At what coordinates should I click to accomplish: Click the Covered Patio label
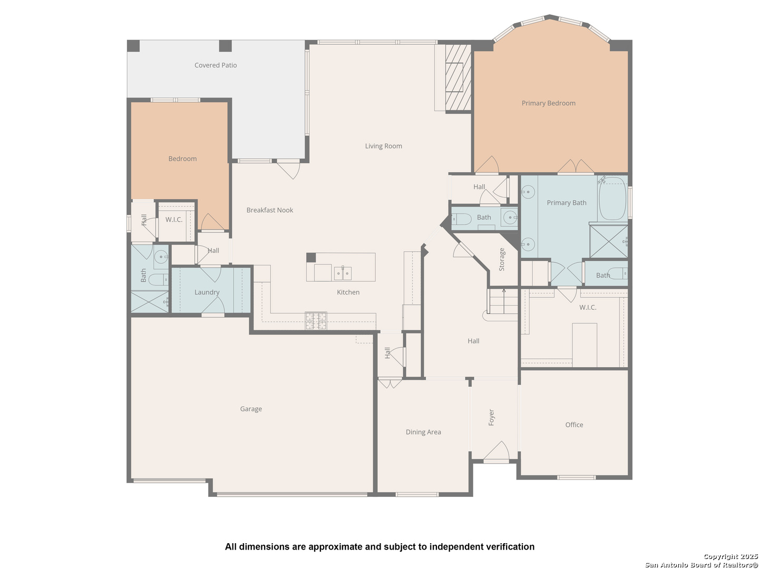(x=216, y=65)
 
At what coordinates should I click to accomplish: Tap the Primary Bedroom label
(x=548, y=103)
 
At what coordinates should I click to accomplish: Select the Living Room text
(x=384, y=146)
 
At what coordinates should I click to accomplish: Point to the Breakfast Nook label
(x=270, y=210)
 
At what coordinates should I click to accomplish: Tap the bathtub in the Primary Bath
(x=612, y=199)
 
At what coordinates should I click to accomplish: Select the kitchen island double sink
(x=342, y=273)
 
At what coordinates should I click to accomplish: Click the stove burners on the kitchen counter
(x=316, y=321)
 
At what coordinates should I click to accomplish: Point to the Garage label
(x=251, y=409)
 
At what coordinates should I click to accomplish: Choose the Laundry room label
(x=207, y=292)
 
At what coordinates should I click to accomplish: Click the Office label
(x=574, y=425)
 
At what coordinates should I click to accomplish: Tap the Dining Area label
(x=423, y=432)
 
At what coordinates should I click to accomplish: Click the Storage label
(x=502, y=259)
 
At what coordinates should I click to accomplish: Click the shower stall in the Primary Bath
(x=609, y=241)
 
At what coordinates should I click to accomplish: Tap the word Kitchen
(x=348, y=292)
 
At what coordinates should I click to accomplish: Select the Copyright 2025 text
(x=731, y=556)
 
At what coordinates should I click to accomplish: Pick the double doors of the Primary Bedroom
(x=576, y=166)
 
